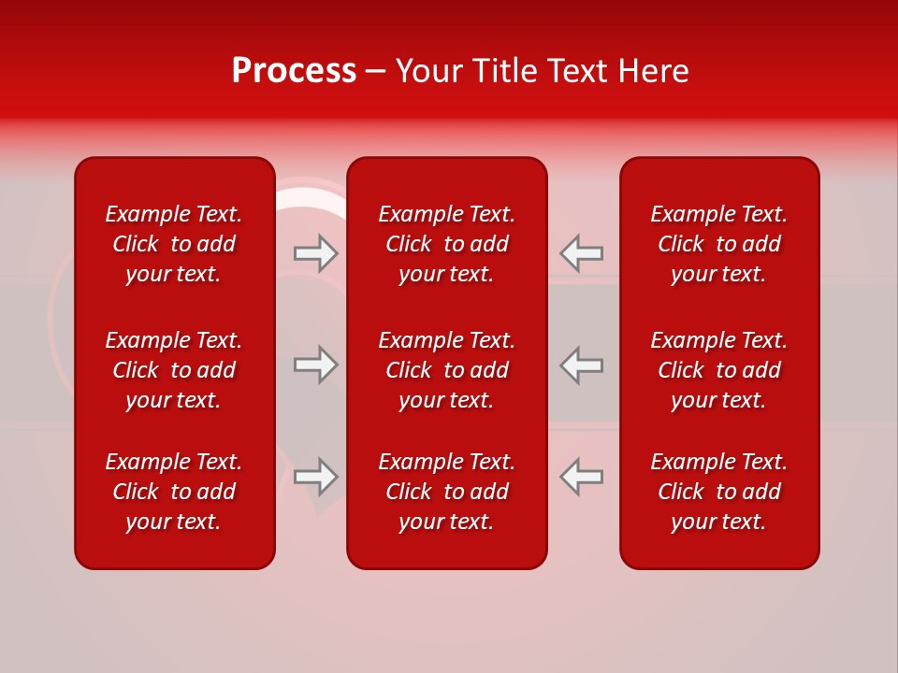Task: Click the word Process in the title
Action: click(294, 71)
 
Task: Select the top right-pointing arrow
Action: click(316, 253)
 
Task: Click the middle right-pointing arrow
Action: click(316, 365)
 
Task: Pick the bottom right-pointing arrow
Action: click(316, 476)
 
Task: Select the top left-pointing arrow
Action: click(581, 253)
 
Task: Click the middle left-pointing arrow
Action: click(581, 365)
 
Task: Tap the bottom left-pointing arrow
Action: click(581, 476)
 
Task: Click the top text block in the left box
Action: click(174, 244)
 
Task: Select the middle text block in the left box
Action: click(174, 370)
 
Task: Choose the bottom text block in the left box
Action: click(174, 492)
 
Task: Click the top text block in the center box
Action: click(446, 244)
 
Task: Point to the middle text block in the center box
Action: click(446, 370)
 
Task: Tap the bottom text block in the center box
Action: click(446, 492)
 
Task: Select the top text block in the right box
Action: click(718, 244)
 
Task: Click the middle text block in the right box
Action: click(718, 370)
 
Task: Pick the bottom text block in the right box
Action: click(718, 492)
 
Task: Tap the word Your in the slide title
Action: click(428, 71)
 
